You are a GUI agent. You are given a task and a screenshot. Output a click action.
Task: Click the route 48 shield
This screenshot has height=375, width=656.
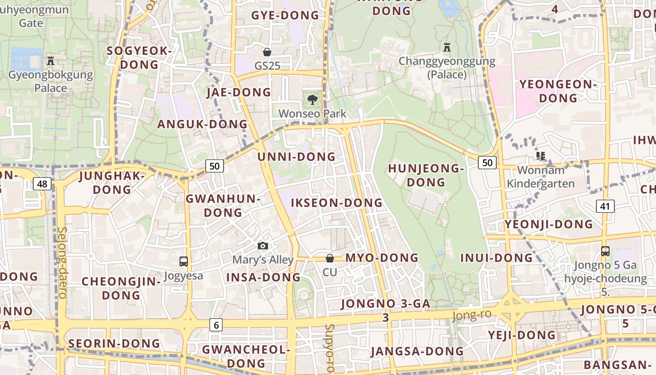point(42,184)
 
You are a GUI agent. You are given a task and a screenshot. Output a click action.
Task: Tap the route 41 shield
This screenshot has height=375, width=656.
point(605,206)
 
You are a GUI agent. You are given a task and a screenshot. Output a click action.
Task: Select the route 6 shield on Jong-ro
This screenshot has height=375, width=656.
point(216,324)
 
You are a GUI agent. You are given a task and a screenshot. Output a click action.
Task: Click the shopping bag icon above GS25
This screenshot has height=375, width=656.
point(267,52)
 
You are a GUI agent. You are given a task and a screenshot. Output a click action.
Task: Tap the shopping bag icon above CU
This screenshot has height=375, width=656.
point(330,258)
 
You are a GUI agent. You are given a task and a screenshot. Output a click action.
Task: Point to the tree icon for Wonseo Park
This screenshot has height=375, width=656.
point(312,99)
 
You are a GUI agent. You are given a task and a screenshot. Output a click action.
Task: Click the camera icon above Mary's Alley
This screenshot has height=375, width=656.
point(263,246)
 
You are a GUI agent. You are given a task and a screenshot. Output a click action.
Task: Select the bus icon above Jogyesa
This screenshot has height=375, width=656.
point(184,262)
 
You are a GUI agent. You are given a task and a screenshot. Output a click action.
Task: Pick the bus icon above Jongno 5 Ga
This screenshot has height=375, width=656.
point(605,251)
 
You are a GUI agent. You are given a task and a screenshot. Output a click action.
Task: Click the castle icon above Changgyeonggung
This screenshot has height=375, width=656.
point(447,47)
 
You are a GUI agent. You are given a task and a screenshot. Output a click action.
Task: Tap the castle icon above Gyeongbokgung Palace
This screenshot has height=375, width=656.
point(51,60)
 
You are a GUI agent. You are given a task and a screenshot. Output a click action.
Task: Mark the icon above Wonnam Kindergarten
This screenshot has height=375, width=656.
point(541,156)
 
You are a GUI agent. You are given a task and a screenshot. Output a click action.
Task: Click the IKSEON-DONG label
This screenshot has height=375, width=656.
point(337,203)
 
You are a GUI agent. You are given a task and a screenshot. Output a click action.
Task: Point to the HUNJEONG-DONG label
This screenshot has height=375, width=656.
point(426,175)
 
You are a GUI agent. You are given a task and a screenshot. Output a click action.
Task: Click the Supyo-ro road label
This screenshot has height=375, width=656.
point(330,348)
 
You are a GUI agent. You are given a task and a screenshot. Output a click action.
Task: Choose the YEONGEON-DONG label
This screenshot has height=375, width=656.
point(558,91)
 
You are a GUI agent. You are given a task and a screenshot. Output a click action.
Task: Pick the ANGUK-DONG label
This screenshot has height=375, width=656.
point(202,124)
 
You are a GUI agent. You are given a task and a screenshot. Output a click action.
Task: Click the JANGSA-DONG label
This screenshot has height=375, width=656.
point(417,351)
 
